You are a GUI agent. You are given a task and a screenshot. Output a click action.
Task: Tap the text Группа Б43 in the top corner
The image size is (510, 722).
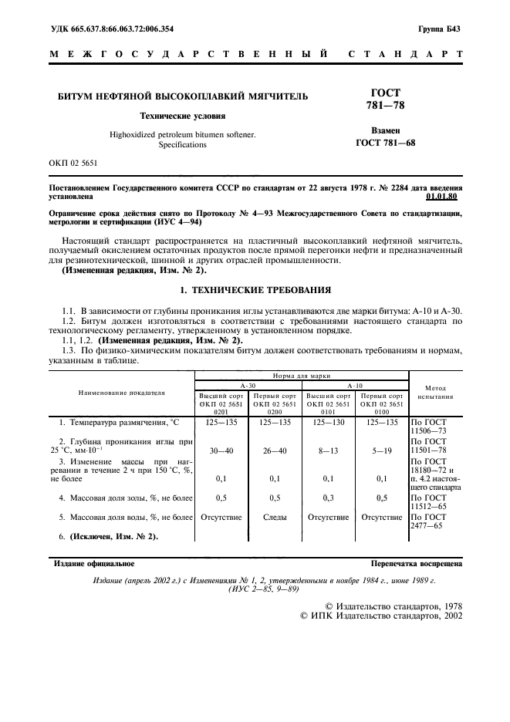pyautogui.click(x=439, y=29)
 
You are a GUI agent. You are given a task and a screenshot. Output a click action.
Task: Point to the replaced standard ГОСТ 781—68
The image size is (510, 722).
pyautogui.click(x=385, y=143)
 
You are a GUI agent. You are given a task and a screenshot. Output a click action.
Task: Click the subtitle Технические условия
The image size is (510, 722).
pyautogui.click(x=182, y=116)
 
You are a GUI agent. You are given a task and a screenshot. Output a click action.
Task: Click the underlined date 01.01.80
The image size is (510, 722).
pyautogui.click(x=447, y=197)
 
